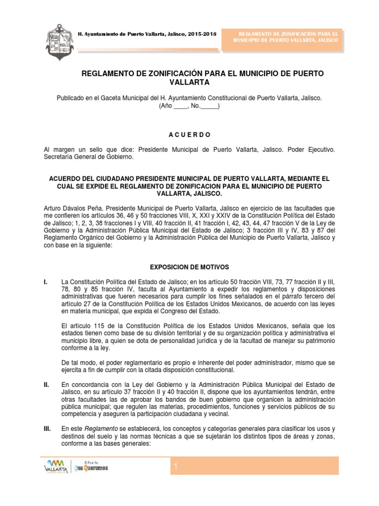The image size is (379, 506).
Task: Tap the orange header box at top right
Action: tap(281, 36)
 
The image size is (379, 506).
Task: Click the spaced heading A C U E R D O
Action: tap(189, 134)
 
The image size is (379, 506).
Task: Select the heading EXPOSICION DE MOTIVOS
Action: tap(189, 267)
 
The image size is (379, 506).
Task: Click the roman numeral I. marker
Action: tap(46, 282)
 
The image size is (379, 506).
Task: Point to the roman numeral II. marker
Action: tap(46, 384)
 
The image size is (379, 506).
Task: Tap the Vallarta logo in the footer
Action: tap(55, 465)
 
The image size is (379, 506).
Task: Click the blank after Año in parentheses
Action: tap(181, 106)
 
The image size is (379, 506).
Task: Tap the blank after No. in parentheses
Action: tap(209, 106)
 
